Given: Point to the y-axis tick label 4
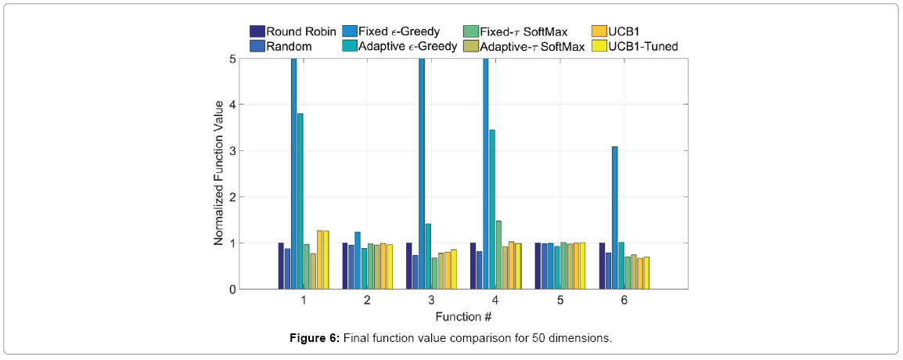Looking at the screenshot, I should click(x=232, y=105).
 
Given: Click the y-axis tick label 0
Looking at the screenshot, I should click(x=232, y=290).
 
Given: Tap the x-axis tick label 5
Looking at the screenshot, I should click(x=559, y=301).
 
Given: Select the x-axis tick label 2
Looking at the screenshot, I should click(x=367, y=301).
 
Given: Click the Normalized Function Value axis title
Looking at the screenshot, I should click(x=219, y=174).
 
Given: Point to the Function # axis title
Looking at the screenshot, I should click(x=463, y=316).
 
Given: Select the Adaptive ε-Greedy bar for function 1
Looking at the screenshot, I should click(x=300, y=201).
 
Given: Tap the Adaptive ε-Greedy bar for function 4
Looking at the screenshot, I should click(x=492, y=210).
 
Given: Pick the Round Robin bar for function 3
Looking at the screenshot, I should click(x=409, y=266).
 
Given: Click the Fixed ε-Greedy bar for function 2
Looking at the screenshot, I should click(x=358, y=261).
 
